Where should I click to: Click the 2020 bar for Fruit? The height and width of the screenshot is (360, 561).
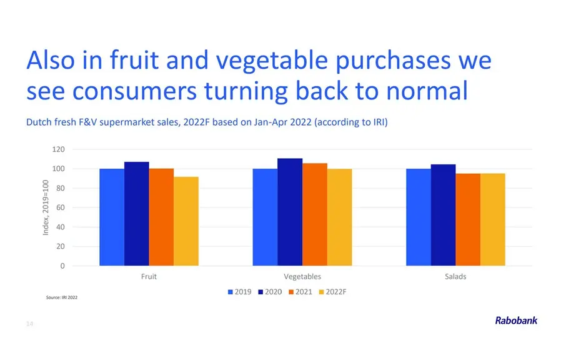(137, 214)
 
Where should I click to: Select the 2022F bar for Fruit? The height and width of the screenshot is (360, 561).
(186, 221)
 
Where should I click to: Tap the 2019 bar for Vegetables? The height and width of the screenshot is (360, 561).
(265, 217)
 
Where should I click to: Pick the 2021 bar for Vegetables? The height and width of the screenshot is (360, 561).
(315, 214)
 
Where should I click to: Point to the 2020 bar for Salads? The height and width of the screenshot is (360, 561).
(444, 215)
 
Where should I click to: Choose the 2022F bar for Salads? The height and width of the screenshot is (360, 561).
(493, 220)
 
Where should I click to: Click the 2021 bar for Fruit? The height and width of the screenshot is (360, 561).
(161, 217)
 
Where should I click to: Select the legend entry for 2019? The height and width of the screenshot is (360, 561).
(240, 292)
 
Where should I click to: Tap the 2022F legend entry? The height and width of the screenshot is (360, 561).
(333, 292)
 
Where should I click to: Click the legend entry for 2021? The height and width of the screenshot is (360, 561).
(300, 292)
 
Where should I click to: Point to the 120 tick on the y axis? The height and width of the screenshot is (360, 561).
(58, 149)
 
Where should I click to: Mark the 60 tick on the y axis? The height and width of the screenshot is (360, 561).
(61, 207)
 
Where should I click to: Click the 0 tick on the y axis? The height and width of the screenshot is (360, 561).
(62, 266)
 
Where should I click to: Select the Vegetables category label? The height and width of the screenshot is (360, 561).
(302, 277)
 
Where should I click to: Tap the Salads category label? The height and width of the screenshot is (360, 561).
(455, 277)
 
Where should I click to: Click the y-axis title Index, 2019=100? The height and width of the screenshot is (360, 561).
(46, 207)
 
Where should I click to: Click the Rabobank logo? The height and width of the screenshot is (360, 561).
(516, 320)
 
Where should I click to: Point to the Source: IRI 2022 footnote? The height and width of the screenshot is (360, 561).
(62, 297)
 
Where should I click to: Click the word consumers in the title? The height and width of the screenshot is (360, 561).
(134, 91)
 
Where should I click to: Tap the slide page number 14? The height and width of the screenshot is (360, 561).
(30, 324)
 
